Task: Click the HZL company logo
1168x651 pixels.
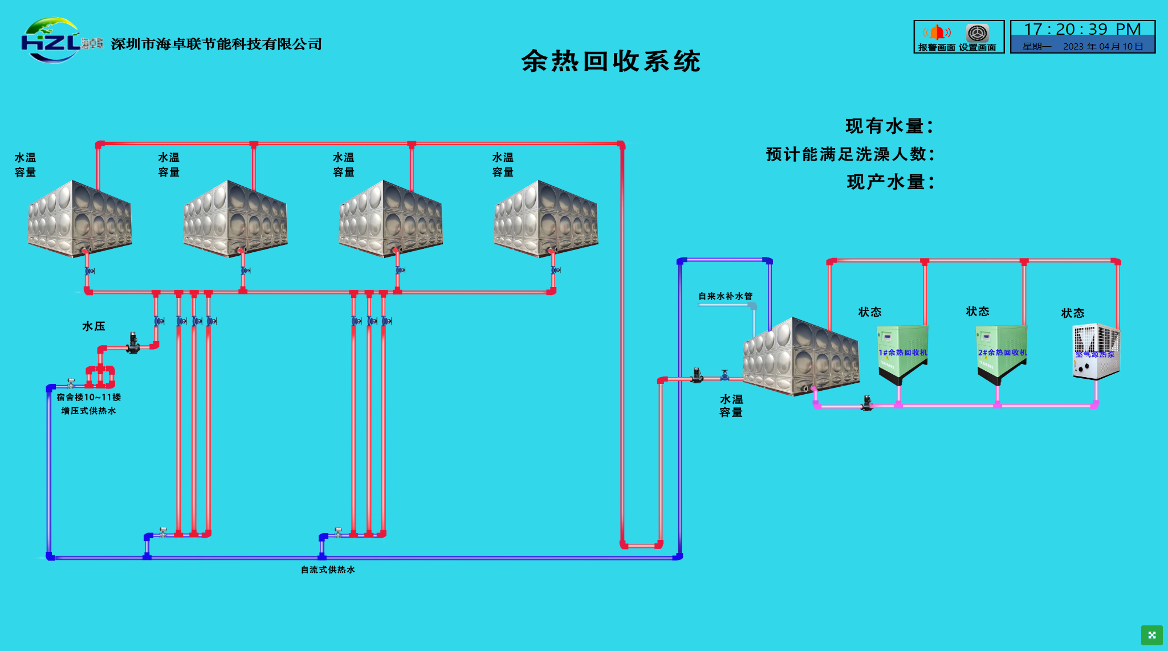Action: (x=51, y=40)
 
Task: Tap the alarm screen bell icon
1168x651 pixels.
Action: (x=937, y=32)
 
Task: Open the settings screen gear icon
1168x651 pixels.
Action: (x=977, y=32)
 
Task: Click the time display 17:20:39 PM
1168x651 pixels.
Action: (x=1082, y=29)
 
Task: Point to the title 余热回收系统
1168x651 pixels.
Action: (x=611, y=61)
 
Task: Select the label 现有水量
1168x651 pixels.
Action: (x=889, y=126)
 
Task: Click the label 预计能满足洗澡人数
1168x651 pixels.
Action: (x=850, y=154)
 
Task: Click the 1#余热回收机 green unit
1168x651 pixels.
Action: (x=902, y=353)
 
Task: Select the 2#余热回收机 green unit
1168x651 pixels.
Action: (x=1002, y=353)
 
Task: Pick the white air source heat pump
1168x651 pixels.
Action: (x=1096, y=351)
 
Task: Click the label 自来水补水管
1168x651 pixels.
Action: (x=725, y=296)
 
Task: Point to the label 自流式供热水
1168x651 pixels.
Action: (x=328, y=570)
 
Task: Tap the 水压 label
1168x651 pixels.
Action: (x=93, y=326)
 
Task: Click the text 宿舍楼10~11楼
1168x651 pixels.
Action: (x=89, y=397)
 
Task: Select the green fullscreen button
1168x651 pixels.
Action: (x=1151, y=635)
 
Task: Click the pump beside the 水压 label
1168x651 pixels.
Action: (x=133, y=343)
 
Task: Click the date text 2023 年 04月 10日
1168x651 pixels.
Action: (x=1102, y=46)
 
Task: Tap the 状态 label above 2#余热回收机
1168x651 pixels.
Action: (x=978, y=312)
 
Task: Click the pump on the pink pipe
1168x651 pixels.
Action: (x=867, y=403)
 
